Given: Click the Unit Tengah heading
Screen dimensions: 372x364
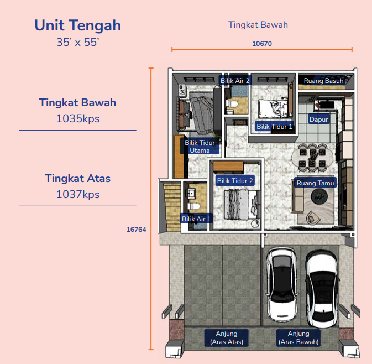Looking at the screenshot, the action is click(78, 25).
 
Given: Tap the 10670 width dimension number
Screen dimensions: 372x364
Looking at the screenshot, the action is click(262, 44).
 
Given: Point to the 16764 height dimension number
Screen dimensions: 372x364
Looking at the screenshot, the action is click(136, 230).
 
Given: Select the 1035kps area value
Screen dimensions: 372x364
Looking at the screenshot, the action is click(78, 118).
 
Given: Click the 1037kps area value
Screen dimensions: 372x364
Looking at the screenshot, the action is click(78, 194).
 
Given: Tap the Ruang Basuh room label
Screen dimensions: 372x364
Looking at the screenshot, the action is click(323, 81).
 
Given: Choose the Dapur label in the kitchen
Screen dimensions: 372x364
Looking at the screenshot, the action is click(318, 119).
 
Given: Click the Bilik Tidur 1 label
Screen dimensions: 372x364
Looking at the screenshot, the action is click(274, 126).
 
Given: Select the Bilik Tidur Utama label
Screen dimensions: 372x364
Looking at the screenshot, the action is click(200, 146).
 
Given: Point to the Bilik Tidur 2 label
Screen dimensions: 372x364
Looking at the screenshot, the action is click(235, 181).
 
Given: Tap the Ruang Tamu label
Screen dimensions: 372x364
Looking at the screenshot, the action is click(315, 183).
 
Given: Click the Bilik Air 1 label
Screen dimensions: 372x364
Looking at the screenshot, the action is click(196, 219).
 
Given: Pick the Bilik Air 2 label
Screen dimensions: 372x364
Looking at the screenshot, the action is click(235, 81).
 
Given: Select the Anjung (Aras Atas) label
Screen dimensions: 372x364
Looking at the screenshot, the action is click(227, 337).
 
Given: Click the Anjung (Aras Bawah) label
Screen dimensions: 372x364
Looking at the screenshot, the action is click(298, 337).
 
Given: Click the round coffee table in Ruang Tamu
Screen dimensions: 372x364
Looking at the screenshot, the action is click(319, 196).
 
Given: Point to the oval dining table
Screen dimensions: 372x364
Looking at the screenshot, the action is click(312, 158).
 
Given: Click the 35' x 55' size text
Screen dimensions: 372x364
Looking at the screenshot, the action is click(78, 42).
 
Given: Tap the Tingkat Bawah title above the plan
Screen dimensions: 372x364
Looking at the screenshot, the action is click(258, 25).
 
